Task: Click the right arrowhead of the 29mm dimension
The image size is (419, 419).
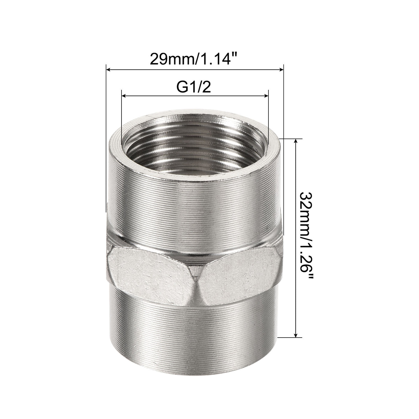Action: (x=281, y=70)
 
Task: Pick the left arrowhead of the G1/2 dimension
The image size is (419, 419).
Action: (x=125, y=96)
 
